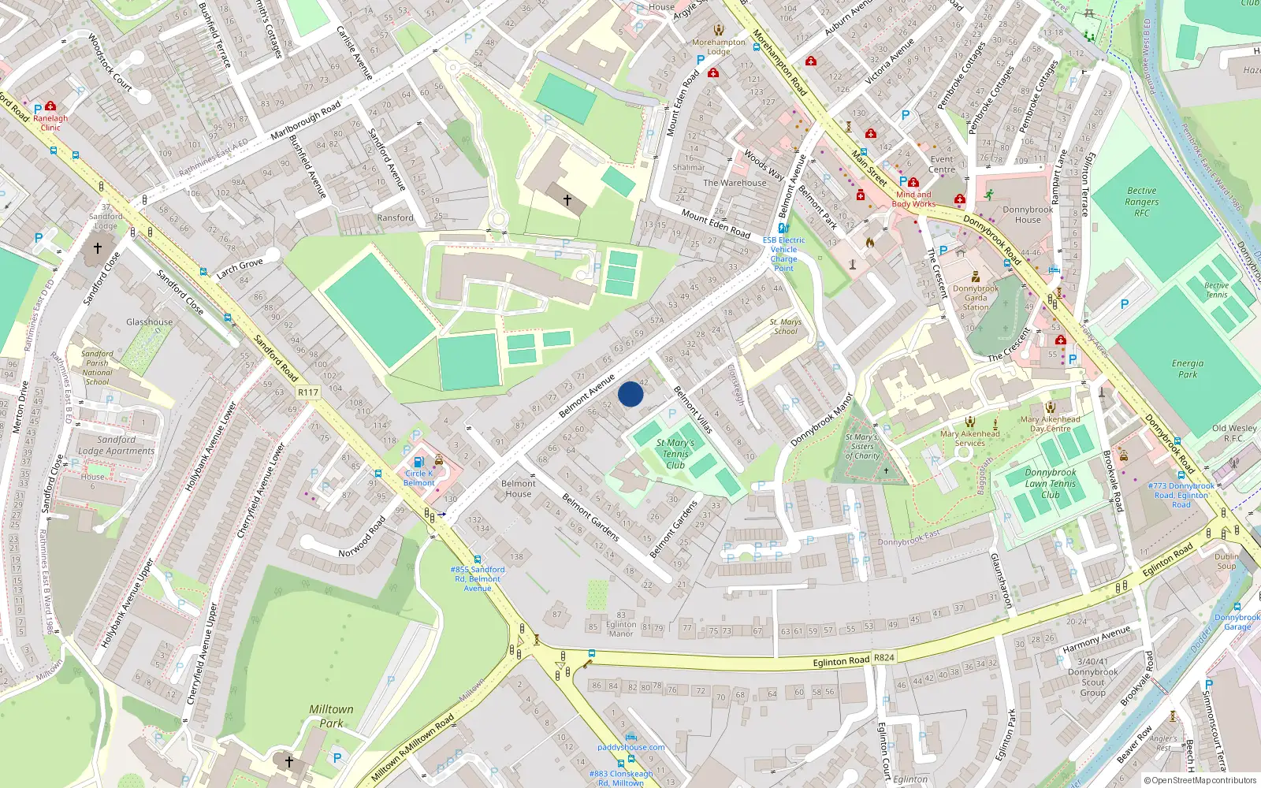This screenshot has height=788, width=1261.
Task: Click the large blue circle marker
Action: click(x=630, y=394)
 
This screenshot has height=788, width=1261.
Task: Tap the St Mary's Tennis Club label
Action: click(x=675, y=454)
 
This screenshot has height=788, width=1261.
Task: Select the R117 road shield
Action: click(x=308, y=392)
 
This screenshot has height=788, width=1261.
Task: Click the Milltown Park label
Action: click(x=331, y=716)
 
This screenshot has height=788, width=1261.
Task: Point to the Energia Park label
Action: click(x=1187, y=369)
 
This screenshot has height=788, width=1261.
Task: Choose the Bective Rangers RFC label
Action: click(x=1141, y=202)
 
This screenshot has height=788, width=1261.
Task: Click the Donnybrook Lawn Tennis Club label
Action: click(x=1051, y=484)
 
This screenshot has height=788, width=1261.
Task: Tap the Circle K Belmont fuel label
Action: click(x=419, y=478)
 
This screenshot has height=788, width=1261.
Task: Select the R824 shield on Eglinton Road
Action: click(x=884, y=657)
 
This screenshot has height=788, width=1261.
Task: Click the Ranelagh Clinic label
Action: click(x=50, y=122)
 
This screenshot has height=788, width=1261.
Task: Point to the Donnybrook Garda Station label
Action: click(x=976, y=298)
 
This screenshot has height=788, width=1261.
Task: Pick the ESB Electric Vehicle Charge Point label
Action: click(x=783, y=254)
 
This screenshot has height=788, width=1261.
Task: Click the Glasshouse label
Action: click(x=149, y=322)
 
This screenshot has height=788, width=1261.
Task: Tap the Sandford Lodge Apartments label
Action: click(x=117, y=445)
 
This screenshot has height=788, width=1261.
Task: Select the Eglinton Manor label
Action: click(x=620, y=629)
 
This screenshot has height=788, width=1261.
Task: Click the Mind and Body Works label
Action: click(x=913, y=199)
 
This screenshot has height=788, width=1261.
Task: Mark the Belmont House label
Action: click(x=518, y=489)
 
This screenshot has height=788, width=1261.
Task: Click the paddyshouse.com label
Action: click(x=630, y=747)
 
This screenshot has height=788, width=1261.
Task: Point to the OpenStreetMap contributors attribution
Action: click(x=1200, y=781)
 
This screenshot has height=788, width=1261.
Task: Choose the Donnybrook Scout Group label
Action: click(x=1092, y=682)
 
